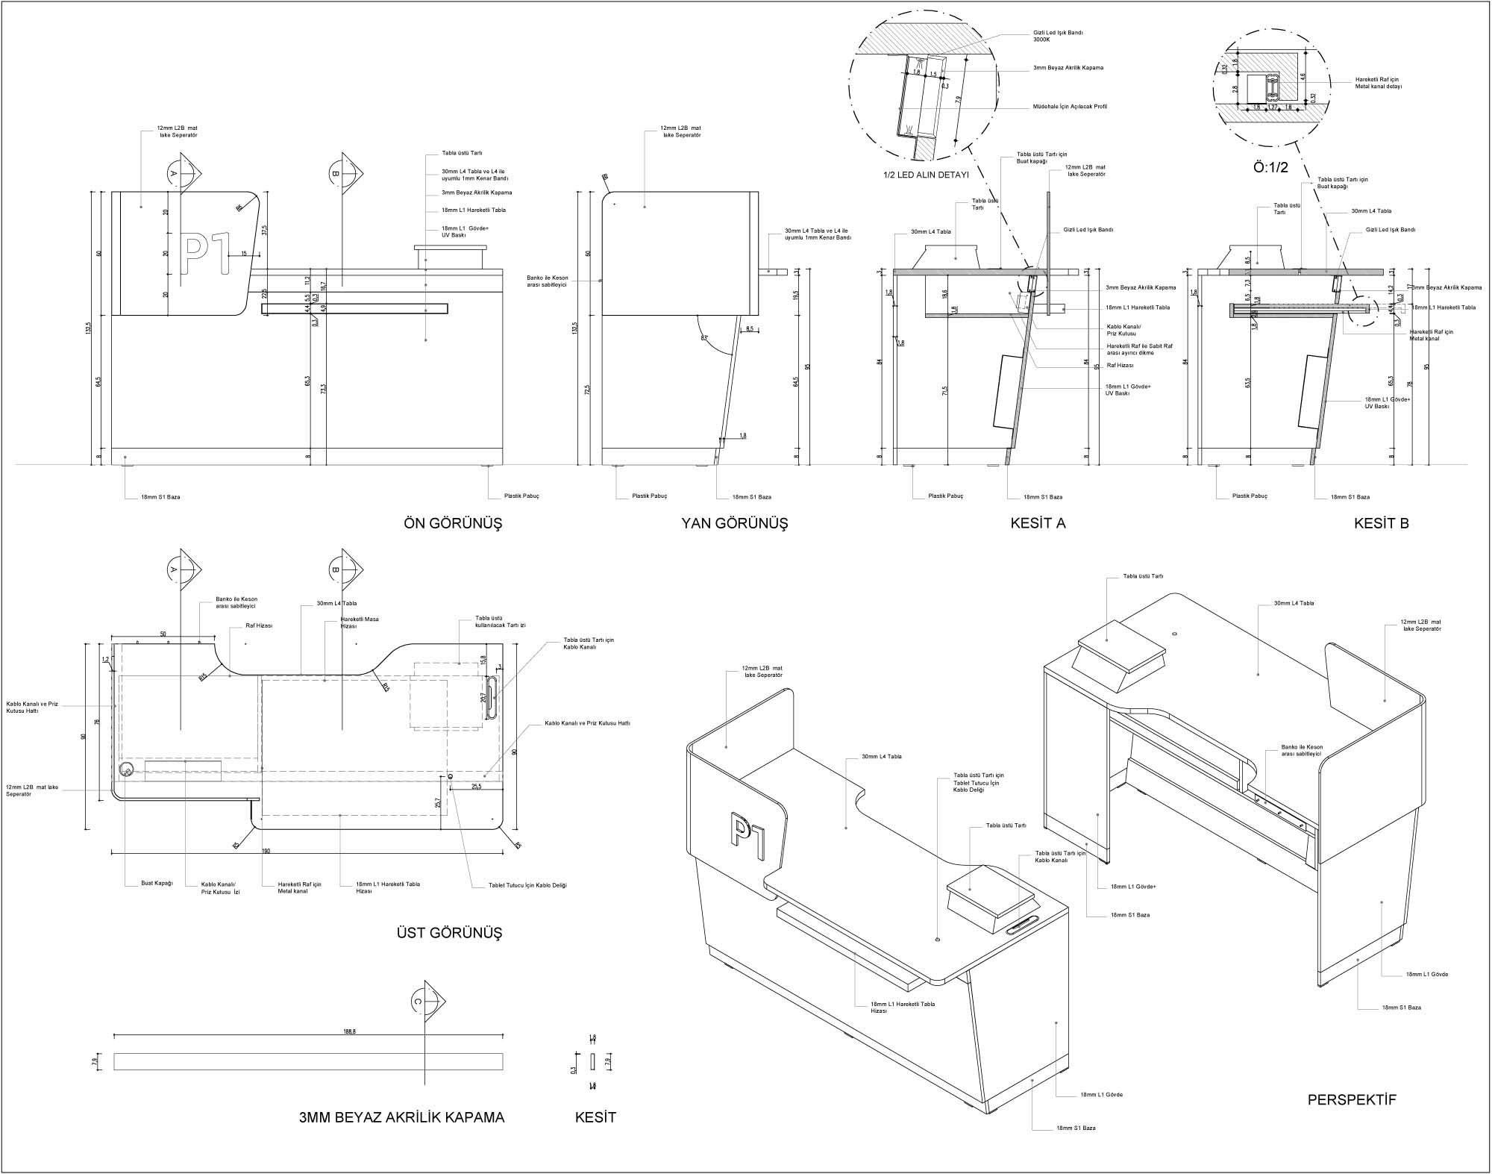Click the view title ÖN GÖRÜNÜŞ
[x=453, y=523]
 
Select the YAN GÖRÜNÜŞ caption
[x=734, y=523]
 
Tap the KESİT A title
[x=1038, y=523]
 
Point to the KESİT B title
[x=1381, y=523]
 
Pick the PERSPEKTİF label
[x=1352, y=1100]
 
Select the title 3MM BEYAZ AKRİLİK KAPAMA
[x=401, y=1117]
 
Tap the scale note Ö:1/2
[x=1270, y=168]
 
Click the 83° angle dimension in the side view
[x=704, y=337]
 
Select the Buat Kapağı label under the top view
[x=157, y=883]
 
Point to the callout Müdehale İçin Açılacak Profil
[x=1070, y=107]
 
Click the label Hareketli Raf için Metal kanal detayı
[x=1379, y=84]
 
